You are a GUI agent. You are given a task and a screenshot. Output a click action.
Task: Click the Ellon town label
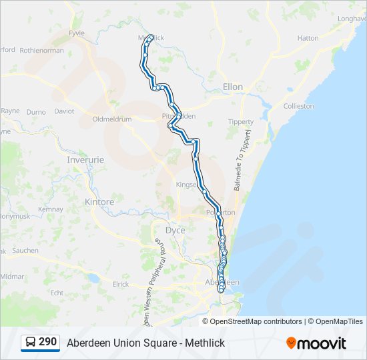point(233,87)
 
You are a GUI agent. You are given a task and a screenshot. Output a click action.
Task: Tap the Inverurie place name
point(87,160)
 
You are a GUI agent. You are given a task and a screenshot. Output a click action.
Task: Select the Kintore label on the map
point(99,201)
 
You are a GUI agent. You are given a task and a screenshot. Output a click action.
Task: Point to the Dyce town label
point(175,231)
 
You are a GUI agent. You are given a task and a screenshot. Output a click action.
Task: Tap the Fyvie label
point(78,32)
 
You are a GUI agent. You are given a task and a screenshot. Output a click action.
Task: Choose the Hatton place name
point(308,38)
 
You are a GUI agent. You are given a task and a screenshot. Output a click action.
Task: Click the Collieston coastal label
point(298,106)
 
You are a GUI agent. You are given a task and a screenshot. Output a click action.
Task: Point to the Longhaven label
point(352,19)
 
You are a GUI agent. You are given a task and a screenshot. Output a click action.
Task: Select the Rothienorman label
point(41,50)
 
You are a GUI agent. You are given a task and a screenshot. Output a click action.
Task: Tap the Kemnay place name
point(51,209)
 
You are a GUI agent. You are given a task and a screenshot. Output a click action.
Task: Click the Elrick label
point(121,284)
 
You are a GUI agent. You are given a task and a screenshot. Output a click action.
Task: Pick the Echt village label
point(57,292)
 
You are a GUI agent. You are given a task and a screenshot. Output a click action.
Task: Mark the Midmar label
point(12,276)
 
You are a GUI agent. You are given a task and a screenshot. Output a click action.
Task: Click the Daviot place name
point(64,111)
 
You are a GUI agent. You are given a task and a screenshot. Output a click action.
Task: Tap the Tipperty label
point(241,122)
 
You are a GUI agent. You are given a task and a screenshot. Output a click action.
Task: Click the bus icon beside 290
point(31,343)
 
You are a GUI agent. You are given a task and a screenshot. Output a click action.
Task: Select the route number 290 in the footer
point(47,342)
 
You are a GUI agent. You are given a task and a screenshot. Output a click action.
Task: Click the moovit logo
point(316,343)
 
